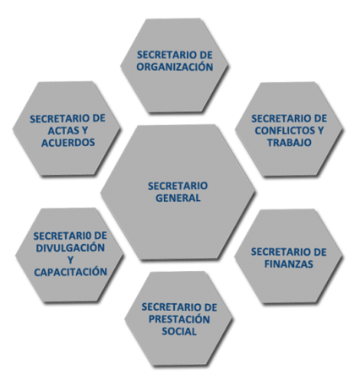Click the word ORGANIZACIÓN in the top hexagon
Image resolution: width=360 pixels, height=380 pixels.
(175, 67)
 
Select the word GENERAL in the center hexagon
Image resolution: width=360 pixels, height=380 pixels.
(178, 198)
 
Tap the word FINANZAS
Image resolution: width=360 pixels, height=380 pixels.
(289, 264)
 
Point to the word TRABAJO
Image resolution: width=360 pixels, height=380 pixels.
(289, 143)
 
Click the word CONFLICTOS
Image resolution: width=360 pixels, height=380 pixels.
(284, 130)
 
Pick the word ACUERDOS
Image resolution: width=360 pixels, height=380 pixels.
(68, 143)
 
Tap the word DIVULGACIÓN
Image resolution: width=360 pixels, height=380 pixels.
(70, 247)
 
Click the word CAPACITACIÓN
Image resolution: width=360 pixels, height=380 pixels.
(71, 272)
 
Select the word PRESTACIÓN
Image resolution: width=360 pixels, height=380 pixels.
(179, 319)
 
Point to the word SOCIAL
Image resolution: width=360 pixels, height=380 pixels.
(179, 331)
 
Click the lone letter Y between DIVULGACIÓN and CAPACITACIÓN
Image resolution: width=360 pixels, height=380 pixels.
(70, 260)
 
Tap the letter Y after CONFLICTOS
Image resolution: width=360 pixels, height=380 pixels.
(320, 130)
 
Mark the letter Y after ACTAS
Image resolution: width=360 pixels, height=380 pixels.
(85, 131)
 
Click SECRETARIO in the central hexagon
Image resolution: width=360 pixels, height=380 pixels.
(178, 186)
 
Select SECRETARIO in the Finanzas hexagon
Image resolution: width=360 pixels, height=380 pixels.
(281, 252)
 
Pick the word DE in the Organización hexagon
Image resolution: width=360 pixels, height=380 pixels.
(206, 55)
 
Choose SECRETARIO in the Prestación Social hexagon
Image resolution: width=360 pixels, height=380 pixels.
(172, 307)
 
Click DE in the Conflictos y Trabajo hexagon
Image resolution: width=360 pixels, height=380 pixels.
(321, 118)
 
